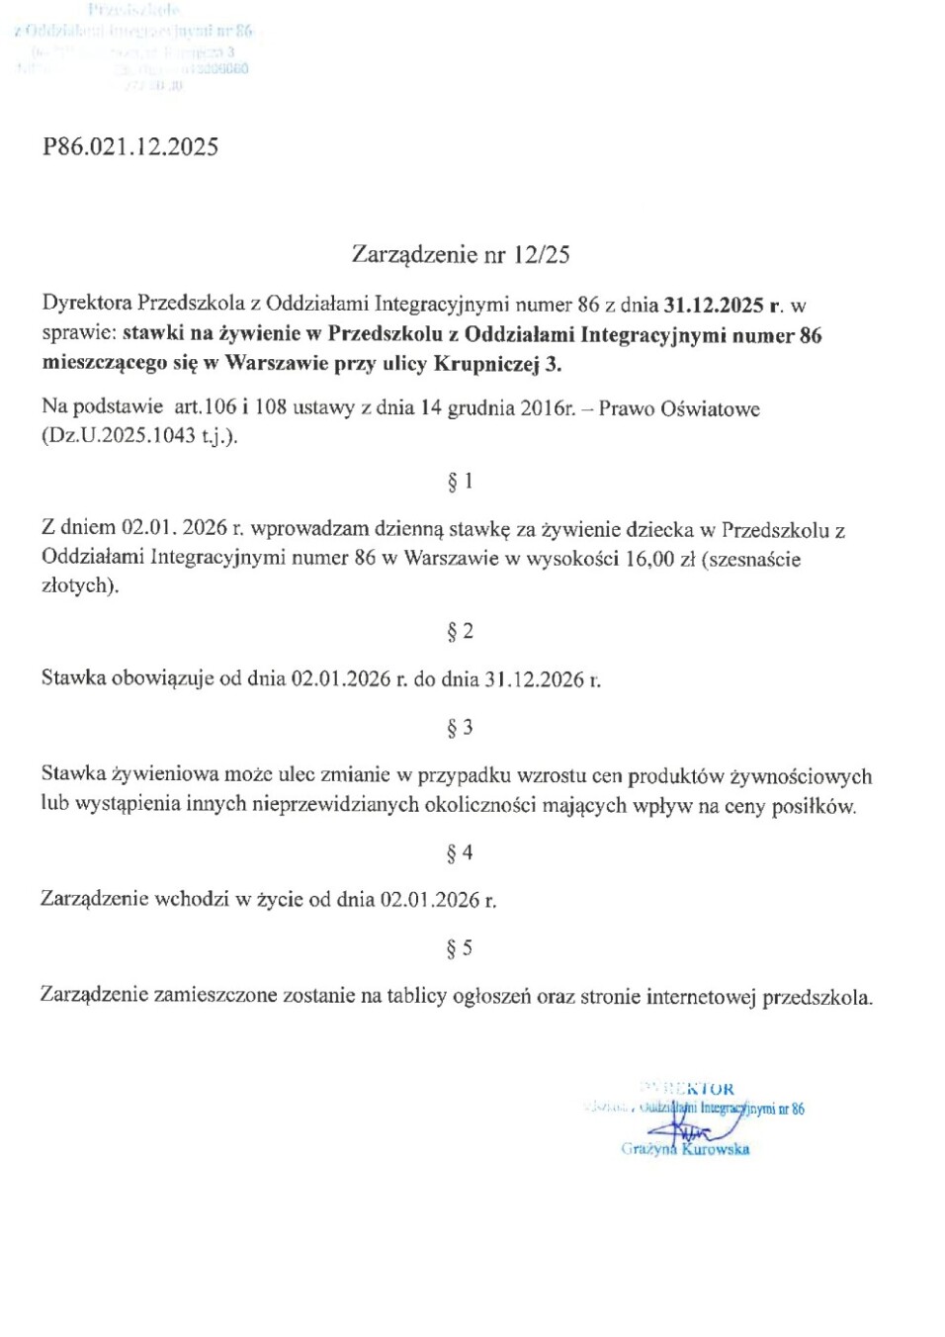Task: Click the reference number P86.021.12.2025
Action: tap(130, 147)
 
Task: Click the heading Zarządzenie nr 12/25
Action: tap(461, 255)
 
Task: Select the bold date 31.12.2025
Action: tap(713, 306)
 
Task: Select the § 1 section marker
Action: tap(461, 482)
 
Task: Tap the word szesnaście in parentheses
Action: tap(754, 559)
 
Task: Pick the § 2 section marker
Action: tap(461, 631)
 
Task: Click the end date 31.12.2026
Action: tap(534, 679)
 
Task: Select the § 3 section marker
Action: tap(461, 728)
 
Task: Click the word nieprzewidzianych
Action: tap(335, 805)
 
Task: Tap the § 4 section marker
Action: tap(461, 852)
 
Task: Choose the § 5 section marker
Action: tap(461, 948)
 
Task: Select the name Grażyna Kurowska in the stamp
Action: tap(685, 1149)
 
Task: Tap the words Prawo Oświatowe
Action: tap(679, 408)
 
